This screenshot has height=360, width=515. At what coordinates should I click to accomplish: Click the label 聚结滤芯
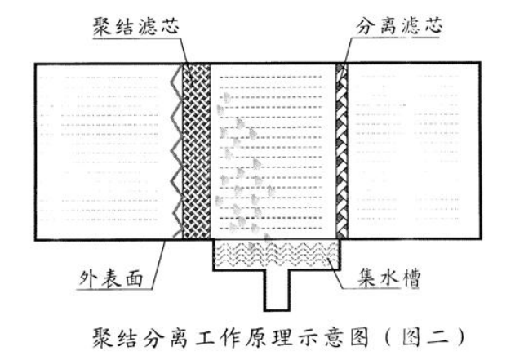[136, 26]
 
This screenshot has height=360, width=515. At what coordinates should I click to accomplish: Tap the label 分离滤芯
[399, 26]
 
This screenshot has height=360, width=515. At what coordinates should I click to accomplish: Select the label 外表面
[111, 279]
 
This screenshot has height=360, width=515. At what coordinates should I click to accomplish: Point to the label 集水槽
[389, 278]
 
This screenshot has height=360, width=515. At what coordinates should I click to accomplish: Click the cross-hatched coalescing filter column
[197, 151]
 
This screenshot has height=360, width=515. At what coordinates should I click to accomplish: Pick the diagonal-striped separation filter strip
[342, 151]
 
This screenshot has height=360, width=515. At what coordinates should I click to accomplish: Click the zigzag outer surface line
[177, 151]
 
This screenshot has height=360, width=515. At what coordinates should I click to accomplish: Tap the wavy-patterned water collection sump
[277, 254]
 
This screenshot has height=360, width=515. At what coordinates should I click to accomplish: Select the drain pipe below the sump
[277, 289]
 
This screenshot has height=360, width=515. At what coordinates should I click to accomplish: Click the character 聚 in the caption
[104, 337]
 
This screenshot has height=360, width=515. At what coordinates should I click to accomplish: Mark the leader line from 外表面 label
[158, 264]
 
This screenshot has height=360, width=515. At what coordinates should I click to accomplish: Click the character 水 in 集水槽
[389, 278]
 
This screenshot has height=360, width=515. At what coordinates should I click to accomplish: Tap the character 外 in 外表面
[89, 279]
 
